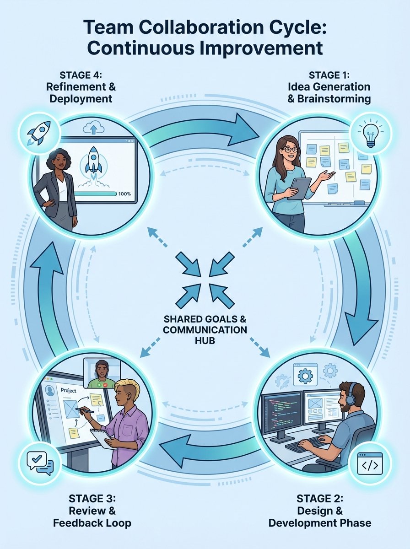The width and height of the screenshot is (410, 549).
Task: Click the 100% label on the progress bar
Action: point(124,194)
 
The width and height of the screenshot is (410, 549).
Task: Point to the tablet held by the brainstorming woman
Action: point(300,188)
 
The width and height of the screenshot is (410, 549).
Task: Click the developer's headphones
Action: point(351,393)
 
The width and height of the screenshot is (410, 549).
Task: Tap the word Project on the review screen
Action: point(68,391)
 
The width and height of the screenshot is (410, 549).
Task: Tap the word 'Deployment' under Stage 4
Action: point(79,98)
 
